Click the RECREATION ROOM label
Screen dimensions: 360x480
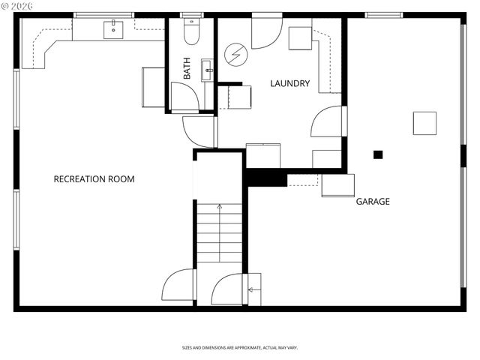point(94,179)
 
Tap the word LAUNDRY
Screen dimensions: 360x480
point(289,84)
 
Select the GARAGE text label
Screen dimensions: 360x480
point(372,202)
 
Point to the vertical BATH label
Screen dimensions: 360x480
point(187,69)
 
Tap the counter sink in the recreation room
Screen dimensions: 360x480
point(113,29)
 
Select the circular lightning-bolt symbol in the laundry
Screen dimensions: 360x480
point(235,54)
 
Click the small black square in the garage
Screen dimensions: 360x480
point(378,154)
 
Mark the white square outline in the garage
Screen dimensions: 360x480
point(424,123)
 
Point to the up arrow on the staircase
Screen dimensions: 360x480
point(219,206)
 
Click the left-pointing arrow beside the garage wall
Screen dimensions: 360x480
point(253,289)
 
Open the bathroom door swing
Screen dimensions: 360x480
point(184,97)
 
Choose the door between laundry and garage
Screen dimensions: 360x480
point(328,122)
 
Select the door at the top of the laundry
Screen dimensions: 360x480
point(266,31)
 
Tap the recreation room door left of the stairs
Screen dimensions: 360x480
point(178,286)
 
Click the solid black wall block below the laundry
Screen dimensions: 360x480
point(267,178)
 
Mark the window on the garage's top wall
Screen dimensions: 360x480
point(383,15)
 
